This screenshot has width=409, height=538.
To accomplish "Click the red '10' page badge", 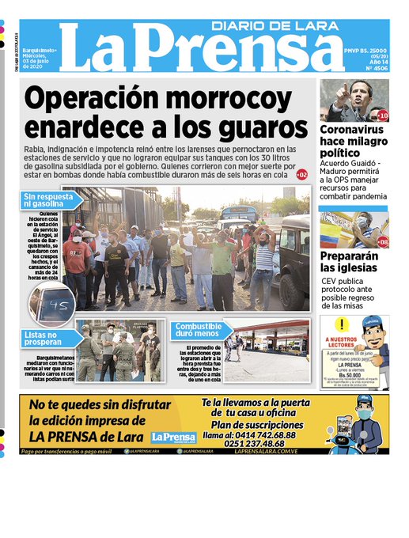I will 383,116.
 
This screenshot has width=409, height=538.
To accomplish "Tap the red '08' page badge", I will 383,242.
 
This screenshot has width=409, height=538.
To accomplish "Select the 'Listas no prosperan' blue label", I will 45,339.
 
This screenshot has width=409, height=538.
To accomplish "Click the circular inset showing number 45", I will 53,305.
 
